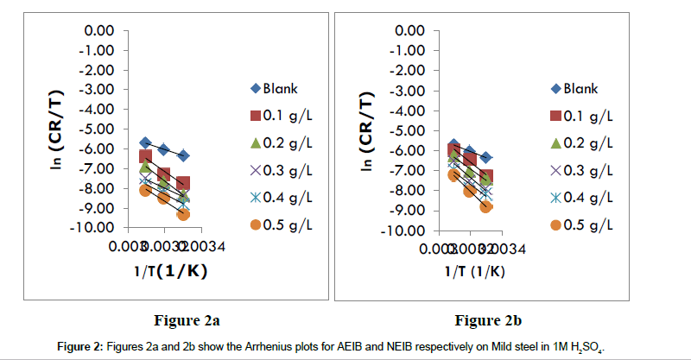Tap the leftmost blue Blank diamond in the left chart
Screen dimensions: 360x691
point(145,142)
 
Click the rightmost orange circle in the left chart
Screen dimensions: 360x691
point(183,214)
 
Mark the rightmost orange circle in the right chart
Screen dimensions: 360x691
point(486,206)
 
